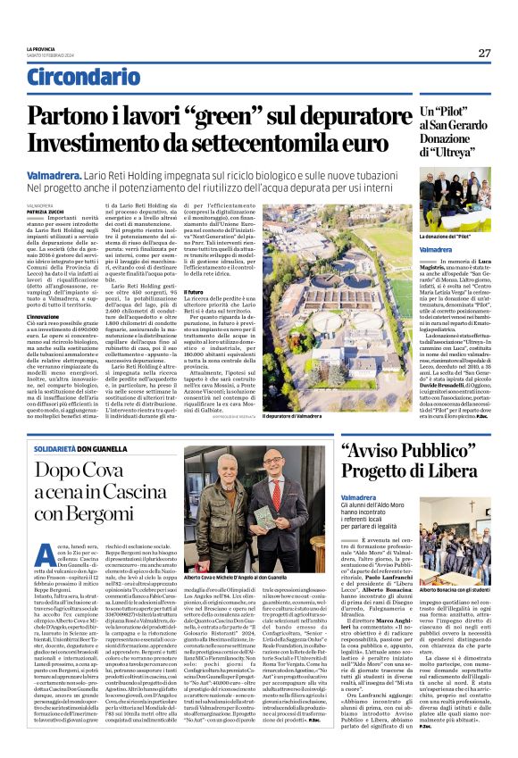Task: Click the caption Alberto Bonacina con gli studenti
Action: (x=452, y=566)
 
